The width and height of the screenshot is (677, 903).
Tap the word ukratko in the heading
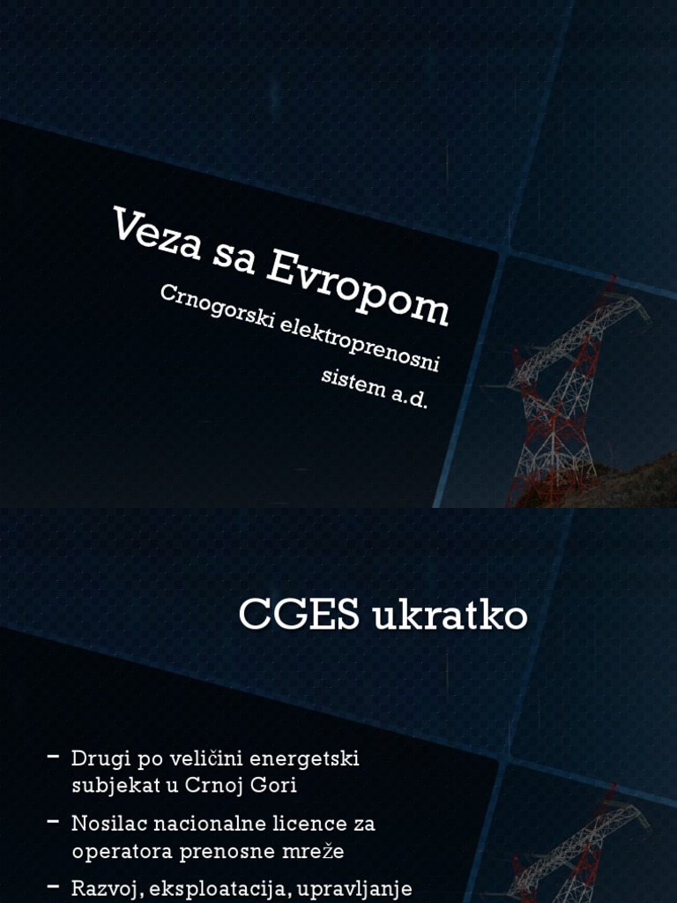tap(450, 616)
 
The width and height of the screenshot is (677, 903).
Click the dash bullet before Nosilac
tap(54, 822)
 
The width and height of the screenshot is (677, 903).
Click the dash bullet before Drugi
tap(54, 757)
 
